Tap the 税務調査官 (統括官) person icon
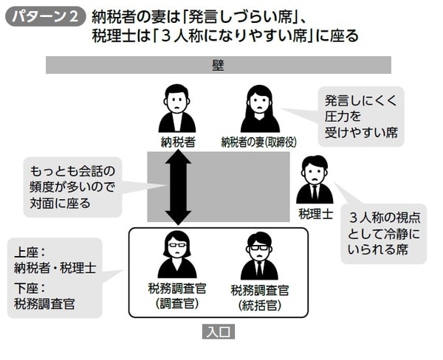pos(259,256)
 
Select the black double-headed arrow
pos(178,187)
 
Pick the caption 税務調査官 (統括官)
pos(259,297)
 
